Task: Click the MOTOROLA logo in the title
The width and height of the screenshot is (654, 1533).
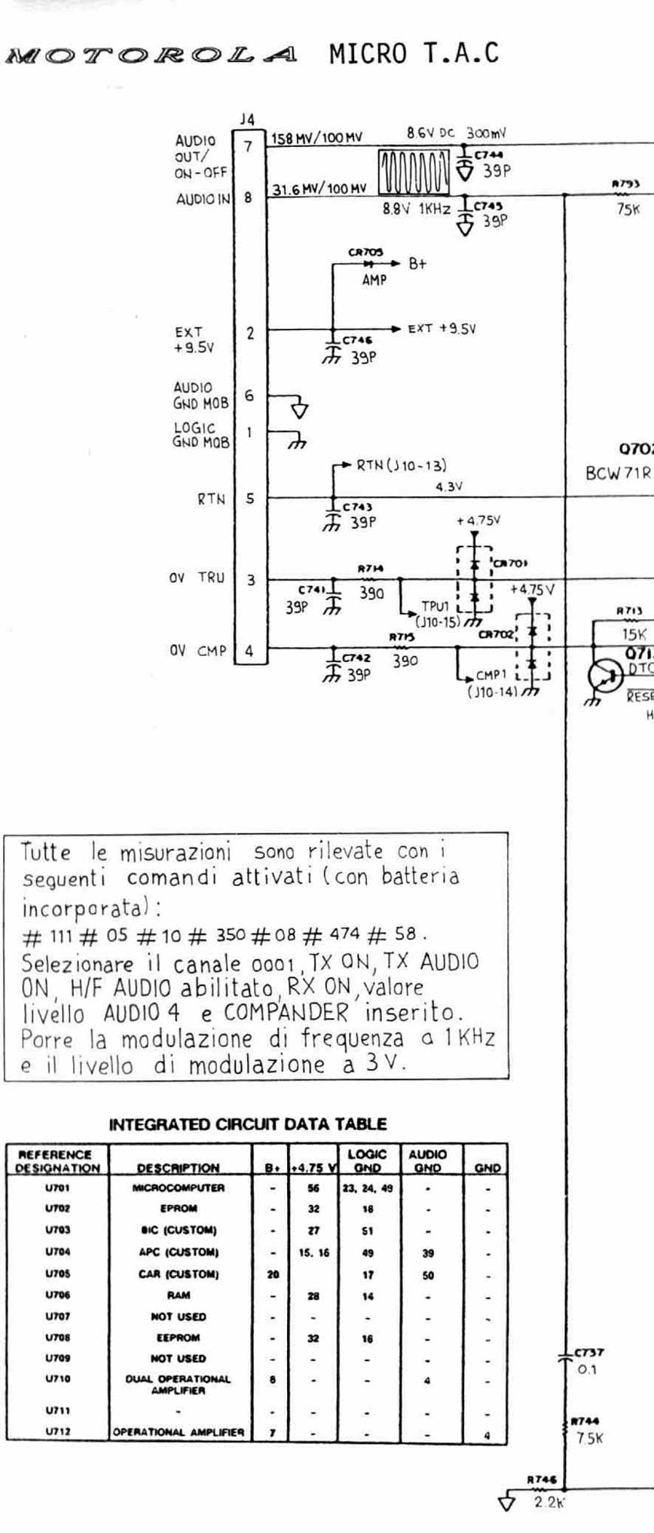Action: (151, 55)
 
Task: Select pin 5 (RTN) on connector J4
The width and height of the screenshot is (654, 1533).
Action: (249, 498)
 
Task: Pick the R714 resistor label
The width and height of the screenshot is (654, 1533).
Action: (371, 569)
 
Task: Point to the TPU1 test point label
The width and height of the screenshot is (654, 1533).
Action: (435, 606)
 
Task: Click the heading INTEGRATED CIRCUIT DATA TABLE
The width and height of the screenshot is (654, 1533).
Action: (248, 1124)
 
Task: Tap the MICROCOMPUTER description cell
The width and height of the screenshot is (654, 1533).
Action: (179, 1188)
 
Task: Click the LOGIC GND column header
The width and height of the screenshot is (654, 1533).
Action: (367, 1160)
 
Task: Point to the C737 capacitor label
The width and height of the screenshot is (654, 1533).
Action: (588, 1353)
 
